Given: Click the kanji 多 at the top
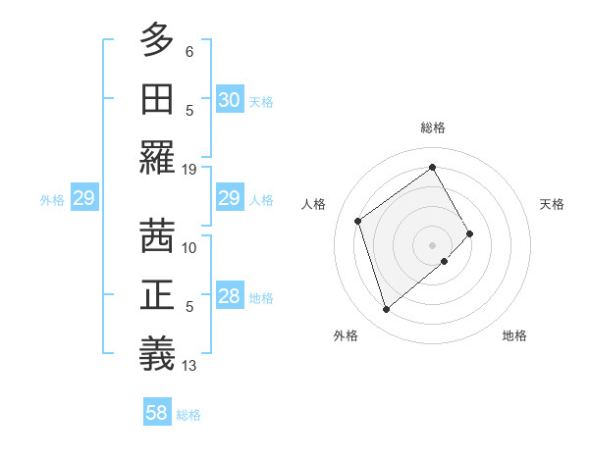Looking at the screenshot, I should [x=157, y=39].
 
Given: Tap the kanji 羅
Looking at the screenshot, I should [x=157, y=157].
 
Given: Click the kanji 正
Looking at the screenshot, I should [x=157, y=294].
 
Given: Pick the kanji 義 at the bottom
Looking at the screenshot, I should [x=157, y=353].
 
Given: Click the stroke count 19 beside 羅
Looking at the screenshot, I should [x=189, y=169].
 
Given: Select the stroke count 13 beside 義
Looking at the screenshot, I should [x=189, y=366].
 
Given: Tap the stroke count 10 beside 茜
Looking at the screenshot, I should [x=189, y=247].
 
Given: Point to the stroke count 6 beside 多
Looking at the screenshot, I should [x=189, y=51].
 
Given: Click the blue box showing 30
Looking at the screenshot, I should [x=230, y=100].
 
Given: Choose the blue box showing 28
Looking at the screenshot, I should [x=230, y=297].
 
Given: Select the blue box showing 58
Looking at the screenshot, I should [x=157, y=413].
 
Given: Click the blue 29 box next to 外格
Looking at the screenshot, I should [x=83, y=199].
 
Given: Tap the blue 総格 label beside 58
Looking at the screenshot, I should [x=188, y=415].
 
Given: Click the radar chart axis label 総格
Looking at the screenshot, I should [x=432, y=128].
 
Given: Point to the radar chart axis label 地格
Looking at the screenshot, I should [x=514, y=335].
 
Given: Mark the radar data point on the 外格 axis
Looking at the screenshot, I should [x=387, y=310].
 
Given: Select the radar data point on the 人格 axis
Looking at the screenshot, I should [x=358, y=221].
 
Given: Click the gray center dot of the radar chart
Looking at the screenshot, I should [x=432, y=243].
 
